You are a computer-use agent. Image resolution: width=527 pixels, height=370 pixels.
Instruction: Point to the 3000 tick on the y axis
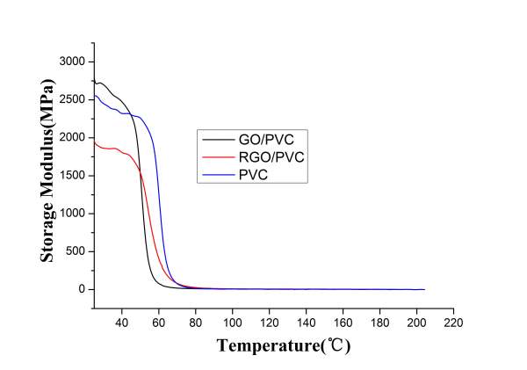(74, 62)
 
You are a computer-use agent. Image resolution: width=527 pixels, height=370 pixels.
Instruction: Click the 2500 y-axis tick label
(74, 99)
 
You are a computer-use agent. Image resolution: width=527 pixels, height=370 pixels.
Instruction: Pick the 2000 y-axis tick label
(74, 137)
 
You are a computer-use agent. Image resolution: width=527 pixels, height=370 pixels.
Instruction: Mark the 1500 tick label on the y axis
(74, 175)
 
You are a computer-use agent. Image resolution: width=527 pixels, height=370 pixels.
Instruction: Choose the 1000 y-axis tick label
(74, 213)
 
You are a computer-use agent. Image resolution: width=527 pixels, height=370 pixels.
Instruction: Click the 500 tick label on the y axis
(77, 250)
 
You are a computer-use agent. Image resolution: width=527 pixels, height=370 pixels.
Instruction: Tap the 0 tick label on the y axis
(83, 289)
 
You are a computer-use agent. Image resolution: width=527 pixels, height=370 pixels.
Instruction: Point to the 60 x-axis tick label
(159, 323)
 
